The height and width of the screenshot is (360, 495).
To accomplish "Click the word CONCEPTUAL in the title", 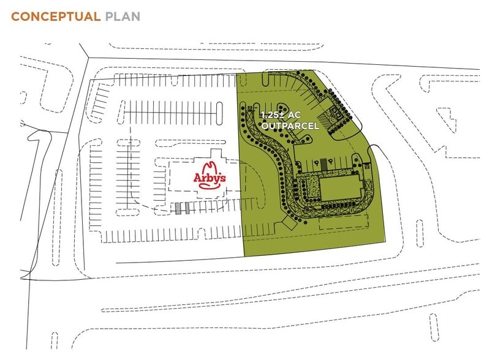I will [55, 17].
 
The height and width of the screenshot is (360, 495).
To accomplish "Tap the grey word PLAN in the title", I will [123, 17].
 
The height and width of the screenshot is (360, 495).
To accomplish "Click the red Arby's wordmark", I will [210, 178].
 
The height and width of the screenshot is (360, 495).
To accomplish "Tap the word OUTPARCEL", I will [290, 126].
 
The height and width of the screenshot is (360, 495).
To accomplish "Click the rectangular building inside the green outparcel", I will [341, 189].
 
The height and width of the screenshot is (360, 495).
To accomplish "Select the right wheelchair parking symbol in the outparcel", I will [331, 162].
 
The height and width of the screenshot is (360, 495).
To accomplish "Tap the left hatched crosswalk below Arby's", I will [179, 209].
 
